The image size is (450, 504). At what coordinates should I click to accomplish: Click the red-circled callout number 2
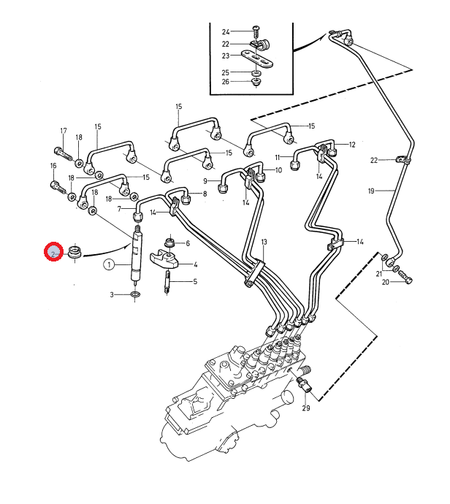point(53,253)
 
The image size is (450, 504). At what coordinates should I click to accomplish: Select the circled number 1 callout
point(109,264)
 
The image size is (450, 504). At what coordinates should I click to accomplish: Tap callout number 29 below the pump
point(306,408)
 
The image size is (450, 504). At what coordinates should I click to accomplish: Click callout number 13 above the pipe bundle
point(264,241)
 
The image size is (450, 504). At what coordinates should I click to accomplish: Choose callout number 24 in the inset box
point(226,31)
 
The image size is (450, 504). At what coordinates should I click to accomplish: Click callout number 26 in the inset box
point(226,81)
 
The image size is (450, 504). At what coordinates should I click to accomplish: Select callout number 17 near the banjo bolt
point(64,131)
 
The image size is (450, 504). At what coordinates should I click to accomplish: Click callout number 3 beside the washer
point(113,294)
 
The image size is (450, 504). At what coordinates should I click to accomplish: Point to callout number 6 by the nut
point(188,243)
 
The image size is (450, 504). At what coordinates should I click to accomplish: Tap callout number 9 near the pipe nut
point(206,180)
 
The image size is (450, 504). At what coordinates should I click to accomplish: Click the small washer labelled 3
point(134,294)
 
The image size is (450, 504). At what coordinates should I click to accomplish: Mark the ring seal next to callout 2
point(74,253)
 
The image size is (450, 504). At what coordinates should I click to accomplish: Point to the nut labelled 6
point(169,242)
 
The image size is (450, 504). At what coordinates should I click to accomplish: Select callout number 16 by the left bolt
point(53,166)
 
